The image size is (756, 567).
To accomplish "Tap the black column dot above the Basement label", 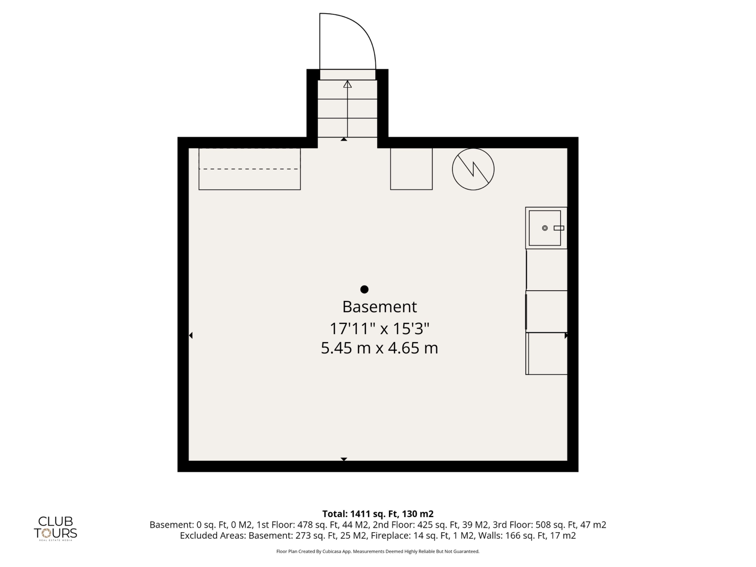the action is point(364,289).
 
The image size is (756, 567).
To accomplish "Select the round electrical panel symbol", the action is point(473,169).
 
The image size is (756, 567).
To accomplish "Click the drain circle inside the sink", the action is point(545,228).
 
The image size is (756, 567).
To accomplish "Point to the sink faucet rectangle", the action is point(559,228).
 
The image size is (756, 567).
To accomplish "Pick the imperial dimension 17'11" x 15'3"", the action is point(379,329).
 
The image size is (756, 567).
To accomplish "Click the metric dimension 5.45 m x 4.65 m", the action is point(379,348).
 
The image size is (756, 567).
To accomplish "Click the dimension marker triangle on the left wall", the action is point(191,336).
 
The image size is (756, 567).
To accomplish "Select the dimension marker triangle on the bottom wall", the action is point(344,459).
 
